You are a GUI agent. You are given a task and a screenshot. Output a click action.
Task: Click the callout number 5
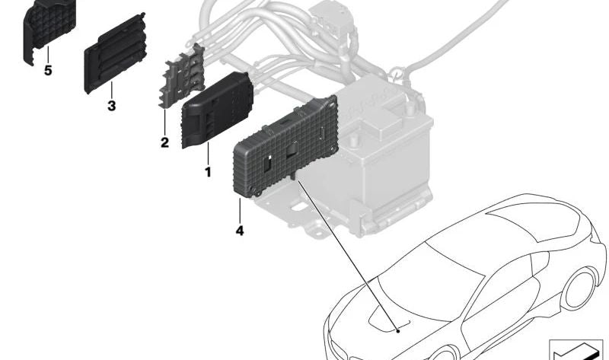point(48,71)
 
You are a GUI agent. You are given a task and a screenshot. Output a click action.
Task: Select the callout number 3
point(111,106)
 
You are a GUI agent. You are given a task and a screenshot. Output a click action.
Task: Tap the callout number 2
point(164,142)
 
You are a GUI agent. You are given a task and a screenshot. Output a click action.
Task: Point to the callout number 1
point(208,172)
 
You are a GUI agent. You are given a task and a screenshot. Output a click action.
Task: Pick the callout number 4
point(240,231)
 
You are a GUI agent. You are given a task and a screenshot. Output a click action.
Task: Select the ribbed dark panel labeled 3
point(116,53)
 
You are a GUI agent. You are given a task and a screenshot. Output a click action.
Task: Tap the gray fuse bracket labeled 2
point(182,75)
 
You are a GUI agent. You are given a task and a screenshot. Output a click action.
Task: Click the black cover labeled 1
point(217,110)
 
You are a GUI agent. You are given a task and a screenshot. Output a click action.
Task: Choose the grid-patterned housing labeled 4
point(285,147)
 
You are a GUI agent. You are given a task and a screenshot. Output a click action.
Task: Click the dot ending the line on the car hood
point(398,331)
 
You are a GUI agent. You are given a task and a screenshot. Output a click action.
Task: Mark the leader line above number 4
point(240,210)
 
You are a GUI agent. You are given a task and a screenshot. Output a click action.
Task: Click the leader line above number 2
point(164,123)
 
